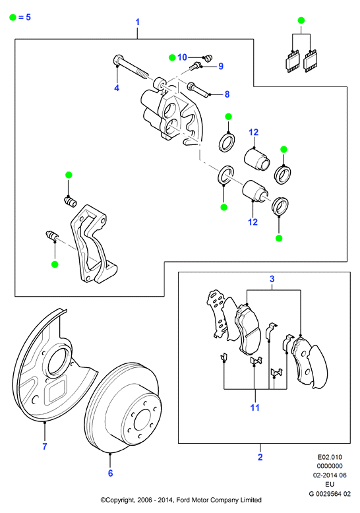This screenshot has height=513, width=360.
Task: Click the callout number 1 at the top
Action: (137, 22)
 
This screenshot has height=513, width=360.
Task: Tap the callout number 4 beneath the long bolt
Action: (117, 88)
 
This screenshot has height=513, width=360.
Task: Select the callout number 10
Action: (182, 57)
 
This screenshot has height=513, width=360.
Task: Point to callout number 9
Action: (221, 66)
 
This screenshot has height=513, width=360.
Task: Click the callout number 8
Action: (227, 94)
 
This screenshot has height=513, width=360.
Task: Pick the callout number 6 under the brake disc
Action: (111, 473)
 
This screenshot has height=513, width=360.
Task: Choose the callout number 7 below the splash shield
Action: (45, 446)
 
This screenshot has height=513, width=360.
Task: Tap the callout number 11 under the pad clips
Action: (255, 407)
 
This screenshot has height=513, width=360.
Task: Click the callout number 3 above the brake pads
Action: (272, 279)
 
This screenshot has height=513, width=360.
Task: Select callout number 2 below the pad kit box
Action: (260, 457)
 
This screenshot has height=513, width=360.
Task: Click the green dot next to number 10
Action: (172, 57)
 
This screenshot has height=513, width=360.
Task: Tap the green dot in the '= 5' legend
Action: (13, 17)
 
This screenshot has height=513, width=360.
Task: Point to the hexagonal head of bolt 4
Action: (117, 60)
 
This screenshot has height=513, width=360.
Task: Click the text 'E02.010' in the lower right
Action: (330, 457)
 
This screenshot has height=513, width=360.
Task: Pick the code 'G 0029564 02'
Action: (330, 494)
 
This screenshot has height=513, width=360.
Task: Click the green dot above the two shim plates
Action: (301, 20)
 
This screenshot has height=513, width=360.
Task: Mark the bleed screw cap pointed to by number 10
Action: (208, 58)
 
